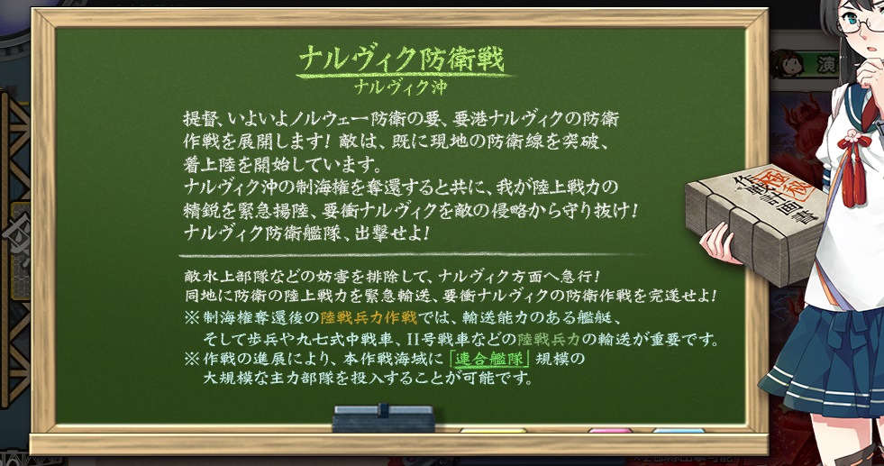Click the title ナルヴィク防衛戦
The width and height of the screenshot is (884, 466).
point(401,59)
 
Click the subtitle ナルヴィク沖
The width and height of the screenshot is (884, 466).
point(401,87)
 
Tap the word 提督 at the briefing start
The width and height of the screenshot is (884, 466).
point(196,119)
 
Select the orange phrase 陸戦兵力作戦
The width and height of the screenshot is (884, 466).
point(369,317)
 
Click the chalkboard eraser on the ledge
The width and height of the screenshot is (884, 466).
point(384,418)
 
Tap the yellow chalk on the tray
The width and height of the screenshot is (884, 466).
point(493,431)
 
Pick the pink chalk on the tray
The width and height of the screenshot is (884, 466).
point(611,431)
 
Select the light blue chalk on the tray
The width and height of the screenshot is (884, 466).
point(679,431)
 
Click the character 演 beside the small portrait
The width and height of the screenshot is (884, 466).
point(826,65)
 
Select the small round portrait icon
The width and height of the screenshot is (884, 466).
point(788,63)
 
